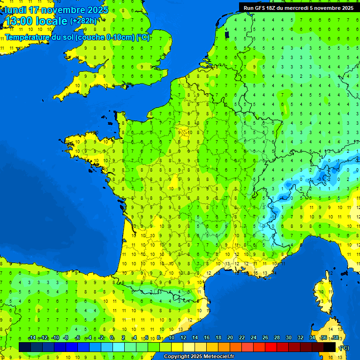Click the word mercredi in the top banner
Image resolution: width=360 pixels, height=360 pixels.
[x=296, y=8]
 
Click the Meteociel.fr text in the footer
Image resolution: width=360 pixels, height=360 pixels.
[x=219, y=357]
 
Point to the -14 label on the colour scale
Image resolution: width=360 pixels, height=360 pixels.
[x=32, y=338]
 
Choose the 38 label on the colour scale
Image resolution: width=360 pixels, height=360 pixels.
[x=335, y=338]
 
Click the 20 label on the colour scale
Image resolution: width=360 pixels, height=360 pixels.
[x=230, y=338]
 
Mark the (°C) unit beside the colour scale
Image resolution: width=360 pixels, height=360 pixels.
[x=344, y=348]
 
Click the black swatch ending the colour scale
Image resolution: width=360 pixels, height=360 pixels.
[x=330, y=347]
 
